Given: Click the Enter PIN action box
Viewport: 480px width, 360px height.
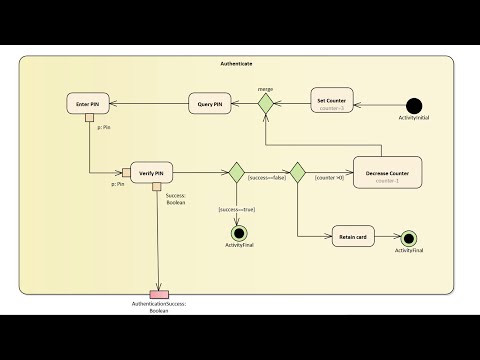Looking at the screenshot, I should pyautogui.click(x=88, y=103).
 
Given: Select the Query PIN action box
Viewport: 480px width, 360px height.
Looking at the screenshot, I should pyautogui.click(x=211, y=103).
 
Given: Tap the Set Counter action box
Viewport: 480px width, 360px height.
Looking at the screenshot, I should pyautogui.click(x=331, y=103).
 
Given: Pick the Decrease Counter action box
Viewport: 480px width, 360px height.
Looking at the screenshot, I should pyautogui.click(x=387, y=172).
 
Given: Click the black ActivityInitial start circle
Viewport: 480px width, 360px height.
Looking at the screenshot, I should pyautogui.click(x=413, y=103).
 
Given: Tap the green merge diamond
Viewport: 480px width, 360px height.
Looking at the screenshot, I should pyautogui.click(x=266, y=103).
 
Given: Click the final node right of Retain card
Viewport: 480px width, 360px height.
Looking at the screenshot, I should pyautogui.click(x=408, y=238).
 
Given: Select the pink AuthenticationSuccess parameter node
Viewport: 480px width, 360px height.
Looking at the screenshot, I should pyautogui.click(x=159, y=293).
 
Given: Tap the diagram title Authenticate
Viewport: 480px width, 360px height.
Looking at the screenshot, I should pyautogui.click(x=236, y=64).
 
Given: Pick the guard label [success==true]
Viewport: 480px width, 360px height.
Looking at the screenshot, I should pyautogui.click(x=236, y=209).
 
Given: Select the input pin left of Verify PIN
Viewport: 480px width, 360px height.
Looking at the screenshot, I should pyautogui.click(x=127, y=171).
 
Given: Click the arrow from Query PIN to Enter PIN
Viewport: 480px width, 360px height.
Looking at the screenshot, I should pyautogui.click(x=150, y=103).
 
